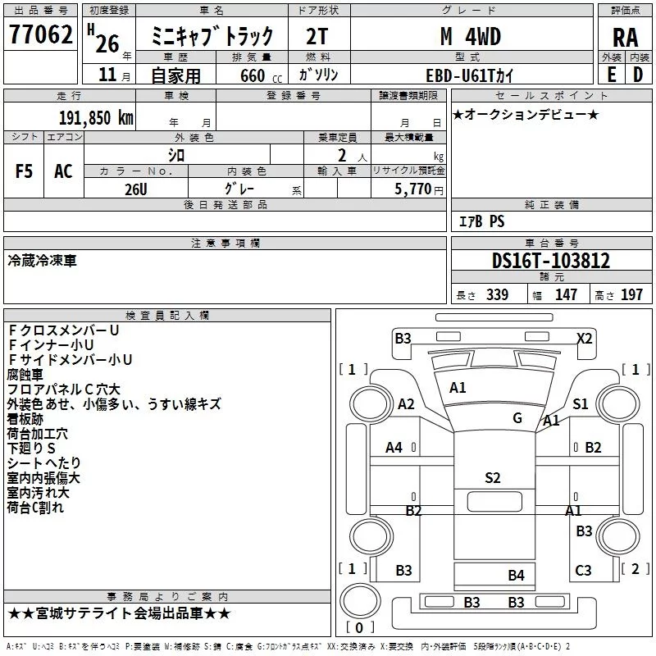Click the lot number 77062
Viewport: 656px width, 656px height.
click(x=41, y=34)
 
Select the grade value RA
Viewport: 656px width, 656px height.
click(x=626, y=38)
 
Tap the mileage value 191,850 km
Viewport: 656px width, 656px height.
click(x=96, y=118)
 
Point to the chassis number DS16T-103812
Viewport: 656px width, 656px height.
click(x=551, y=261)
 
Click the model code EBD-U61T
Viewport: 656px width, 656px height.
click(x=460, y=75)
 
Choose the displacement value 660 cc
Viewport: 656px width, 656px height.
click(x=261, y=76)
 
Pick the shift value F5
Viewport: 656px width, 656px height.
click(x=24, y=171)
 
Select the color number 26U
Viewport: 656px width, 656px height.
click(x=136, y=189)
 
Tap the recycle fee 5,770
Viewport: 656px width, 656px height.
click(x=412, y=189)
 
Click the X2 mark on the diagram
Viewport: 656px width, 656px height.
click(x=585, y=338)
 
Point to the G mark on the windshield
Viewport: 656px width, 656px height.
click(x=517, y=417)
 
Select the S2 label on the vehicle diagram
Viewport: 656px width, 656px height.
click(x=493, y=478)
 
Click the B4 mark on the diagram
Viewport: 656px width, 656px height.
click(x=516, y=576)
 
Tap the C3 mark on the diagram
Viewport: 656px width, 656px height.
click(x=583, y=570)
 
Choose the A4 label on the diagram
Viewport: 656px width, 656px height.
click(x=394, y=448)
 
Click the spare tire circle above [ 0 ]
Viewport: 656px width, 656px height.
click(x=360, y=601)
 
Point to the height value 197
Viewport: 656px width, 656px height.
click(x=631, y=294)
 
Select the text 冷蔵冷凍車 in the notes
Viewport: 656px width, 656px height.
click(x=43, y=261)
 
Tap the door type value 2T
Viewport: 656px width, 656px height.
click(x=317, y=37)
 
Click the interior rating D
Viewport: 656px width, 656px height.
click(x=638, y=75)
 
